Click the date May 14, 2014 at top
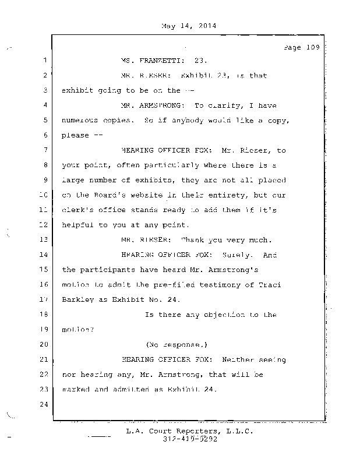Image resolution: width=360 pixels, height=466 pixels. tap(187, 26)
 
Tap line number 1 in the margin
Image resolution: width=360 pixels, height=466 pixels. tap(44, 61)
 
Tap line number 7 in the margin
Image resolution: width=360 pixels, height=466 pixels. tap(44, 150)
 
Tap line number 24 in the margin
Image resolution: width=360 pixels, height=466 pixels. tap(43, 405)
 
